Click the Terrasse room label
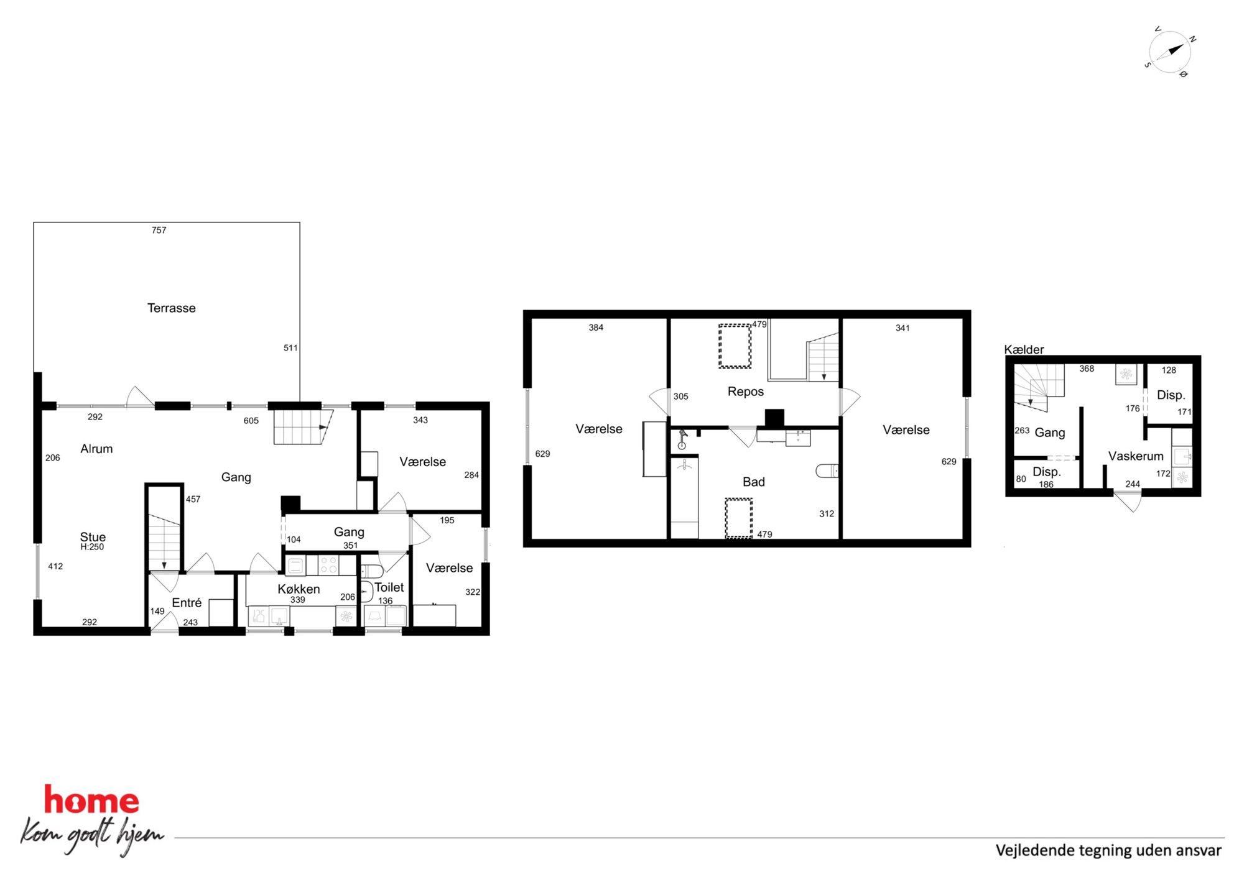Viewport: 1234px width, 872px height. click(171, 308)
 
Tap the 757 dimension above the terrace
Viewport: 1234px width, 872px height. click(159, 230)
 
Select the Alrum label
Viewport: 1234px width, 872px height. click(96, 449)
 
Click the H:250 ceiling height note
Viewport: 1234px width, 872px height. click(92, 547)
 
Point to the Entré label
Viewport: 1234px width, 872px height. click(187, 602)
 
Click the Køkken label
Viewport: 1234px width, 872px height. click(299, 589)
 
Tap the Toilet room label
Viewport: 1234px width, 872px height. click(389, 587)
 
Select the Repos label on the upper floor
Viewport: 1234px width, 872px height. click(745, 392)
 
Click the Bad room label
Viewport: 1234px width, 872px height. click(753, 482)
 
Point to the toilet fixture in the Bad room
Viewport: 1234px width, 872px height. click(827, 470)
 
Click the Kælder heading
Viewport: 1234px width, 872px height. click(1024, 349)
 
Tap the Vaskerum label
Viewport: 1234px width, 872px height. click(1136, 456)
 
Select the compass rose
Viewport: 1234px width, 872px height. click(1170, 52)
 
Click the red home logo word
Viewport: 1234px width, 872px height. click(91, 801)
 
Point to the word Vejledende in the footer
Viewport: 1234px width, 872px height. click(1035, 850)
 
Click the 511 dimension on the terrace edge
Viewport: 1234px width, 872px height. click(290, 348)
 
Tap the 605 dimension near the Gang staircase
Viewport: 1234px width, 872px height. click(251, 421)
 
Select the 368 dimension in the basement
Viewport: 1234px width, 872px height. click(1087, 369)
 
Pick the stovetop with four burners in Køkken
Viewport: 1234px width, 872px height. click(328, 565)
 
